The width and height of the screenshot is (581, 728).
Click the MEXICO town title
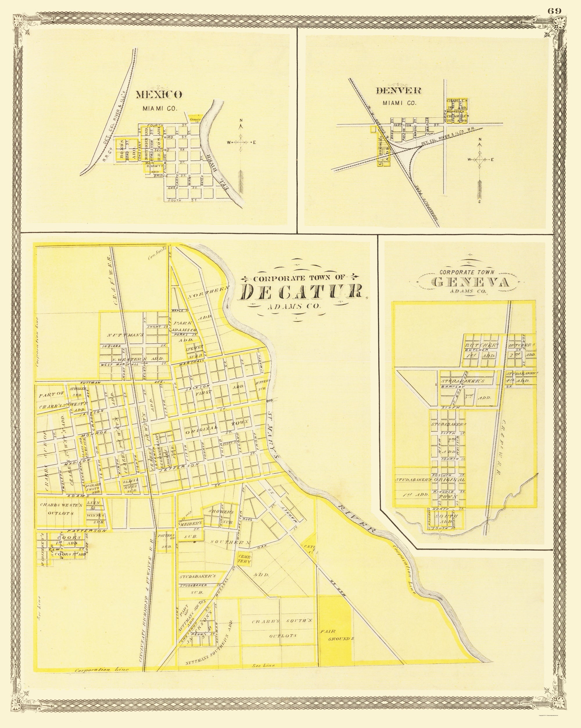point(159,95)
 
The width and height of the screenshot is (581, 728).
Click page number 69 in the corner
point(554,10)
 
